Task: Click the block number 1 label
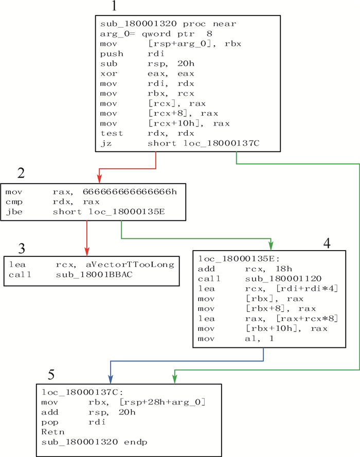click(114, 7)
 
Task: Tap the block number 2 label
click(21, 173)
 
